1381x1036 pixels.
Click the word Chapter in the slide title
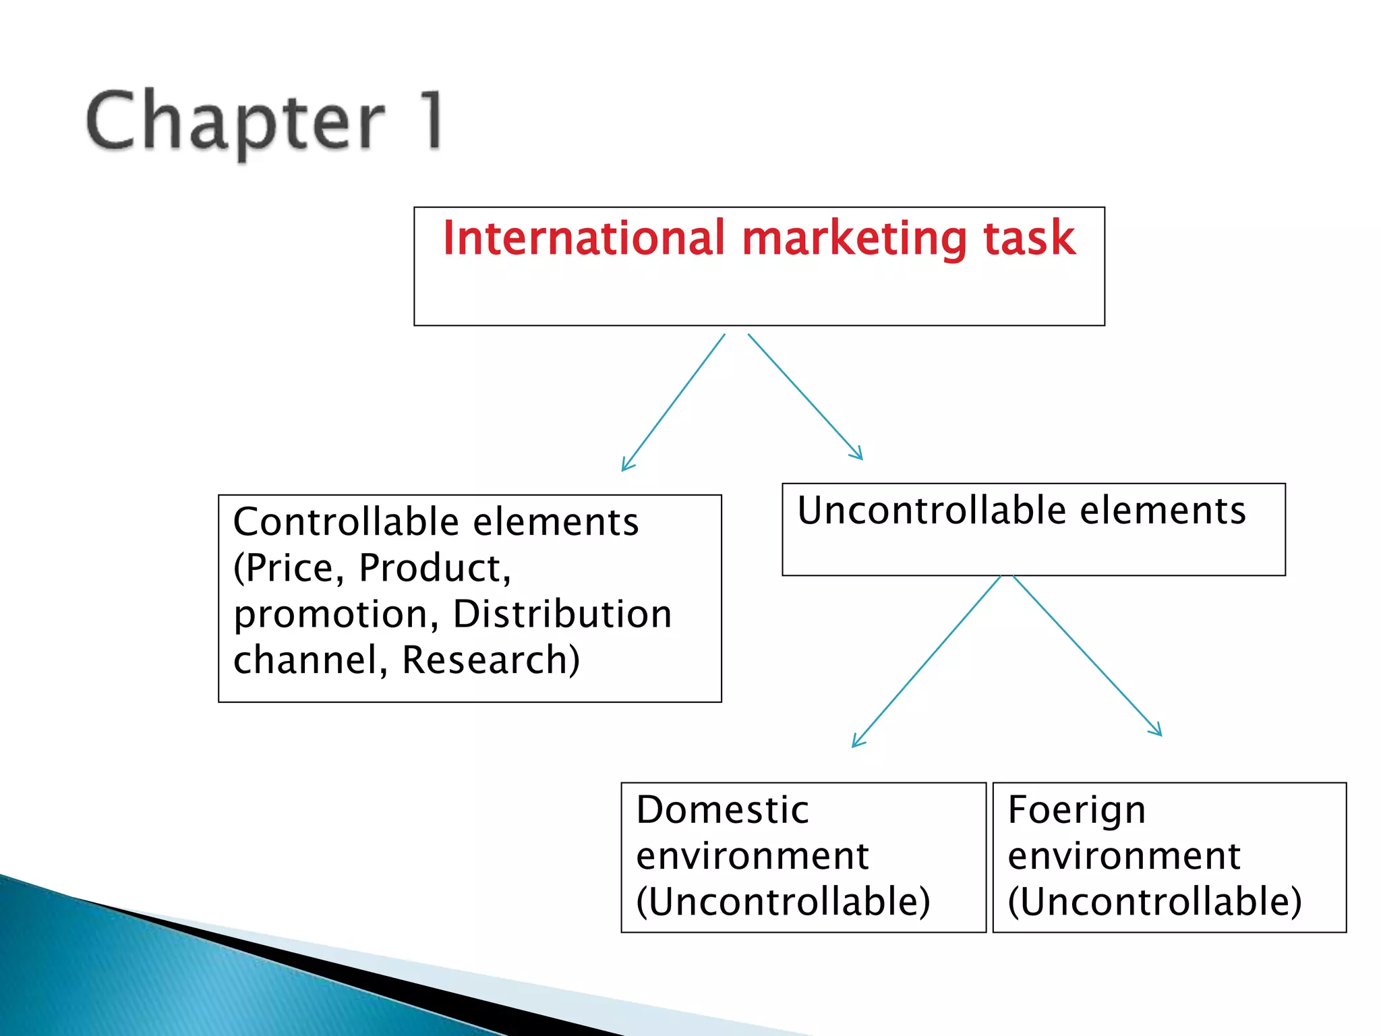[235, 121]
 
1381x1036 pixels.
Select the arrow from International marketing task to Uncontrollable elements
[805, 397]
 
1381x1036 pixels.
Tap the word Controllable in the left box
[347, 522]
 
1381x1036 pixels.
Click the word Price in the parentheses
[291, 568]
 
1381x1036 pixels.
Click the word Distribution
[562, 614]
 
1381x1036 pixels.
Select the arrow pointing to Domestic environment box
[927, 662]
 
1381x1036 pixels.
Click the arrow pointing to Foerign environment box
[1088, 656]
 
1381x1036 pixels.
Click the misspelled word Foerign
[1077, 810]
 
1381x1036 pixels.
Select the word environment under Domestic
[753, 856]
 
